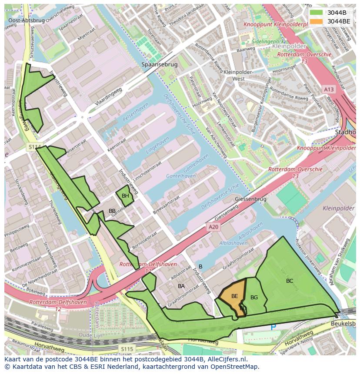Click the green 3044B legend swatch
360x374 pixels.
(x=317, y=13)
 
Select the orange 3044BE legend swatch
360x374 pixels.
(x=317, y=21)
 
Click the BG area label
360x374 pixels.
(x=254, y=298)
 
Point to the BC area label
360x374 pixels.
(x=290, y=281)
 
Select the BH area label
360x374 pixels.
(x=125, y=196)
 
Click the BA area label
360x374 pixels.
(x=181, y=286)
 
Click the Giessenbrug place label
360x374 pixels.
(x=250, y=199)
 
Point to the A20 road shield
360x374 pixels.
(x=213, y=227)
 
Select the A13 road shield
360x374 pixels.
(x=329, y=89)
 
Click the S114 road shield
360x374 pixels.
(x=34, y=147)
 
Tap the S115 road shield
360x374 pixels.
(x=127, y=349)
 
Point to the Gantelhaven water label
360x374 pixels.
(x=181, y=176)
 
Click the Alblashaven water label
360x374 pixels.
(x=233, y=243)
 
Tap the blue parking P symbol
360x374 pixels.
(x=273, y=327)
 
